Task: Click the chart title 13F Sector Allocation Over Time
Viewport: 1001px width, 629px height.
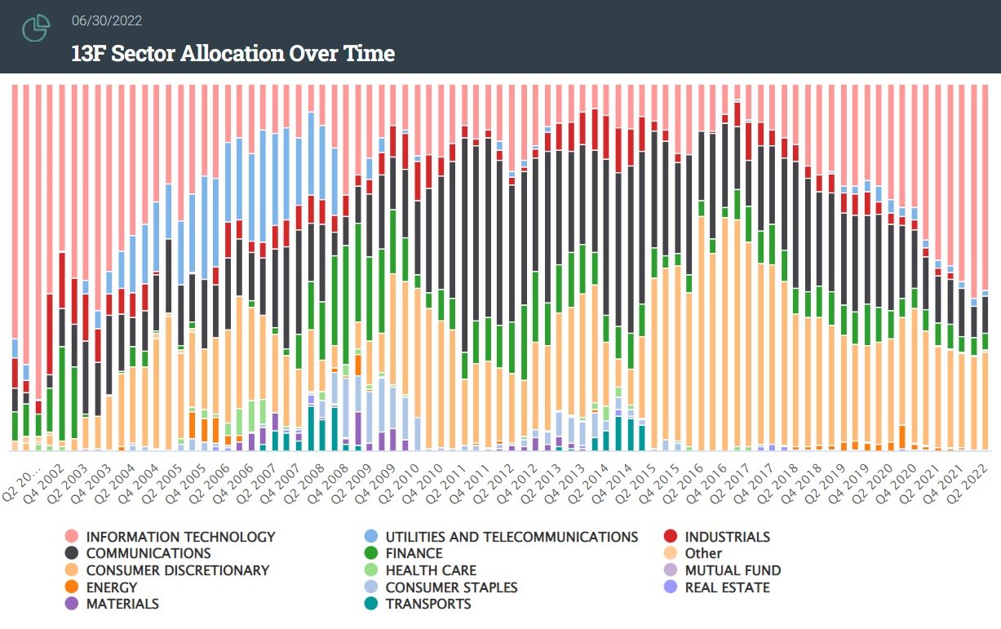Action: click(x=233, y=54)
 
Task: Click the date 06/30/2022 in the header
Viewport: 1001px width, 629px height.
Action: click(x=106, y=21)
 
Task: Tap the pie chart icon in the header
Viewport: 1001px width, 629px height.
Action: click(x=36, y=29)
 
